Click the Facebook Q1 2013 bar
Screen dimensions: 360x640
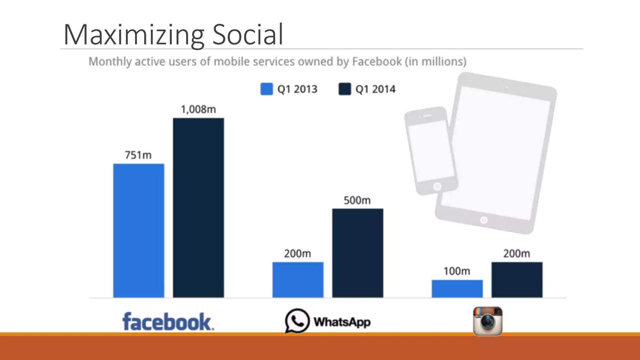138,231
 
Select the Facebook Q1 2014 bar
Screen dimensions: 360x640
198,208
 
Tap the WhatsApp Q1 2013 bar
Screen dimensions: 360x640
298,280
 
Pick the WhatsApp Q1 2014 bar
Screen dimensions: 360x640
357,253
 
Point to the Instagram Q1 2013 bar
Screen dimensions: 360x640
457,289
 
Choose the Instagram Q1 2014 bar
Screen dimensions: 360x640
517,280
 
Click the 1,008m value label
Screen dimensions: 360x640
198,109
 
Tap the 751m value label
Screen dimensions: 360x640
138,155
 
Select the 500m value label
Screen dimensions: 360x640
357,200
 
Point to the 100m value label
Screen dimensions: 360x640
457,271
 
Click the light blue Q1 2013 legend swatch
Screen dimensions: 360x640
267,89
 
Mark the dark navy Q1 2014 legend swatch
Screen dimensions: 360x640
345,89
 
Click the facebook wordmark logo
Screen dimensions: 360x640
168,322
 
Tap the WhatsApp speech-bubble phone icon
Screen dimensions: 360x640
297,321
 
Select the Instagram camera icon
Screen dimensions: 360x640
487,321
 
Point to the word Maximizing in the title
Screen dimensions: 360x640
134,35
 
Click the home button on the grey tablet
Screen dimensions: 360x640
484,220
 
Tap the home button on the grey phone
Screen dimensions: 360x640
437,187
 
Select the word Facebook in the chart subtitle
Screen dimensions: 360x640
377,62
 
